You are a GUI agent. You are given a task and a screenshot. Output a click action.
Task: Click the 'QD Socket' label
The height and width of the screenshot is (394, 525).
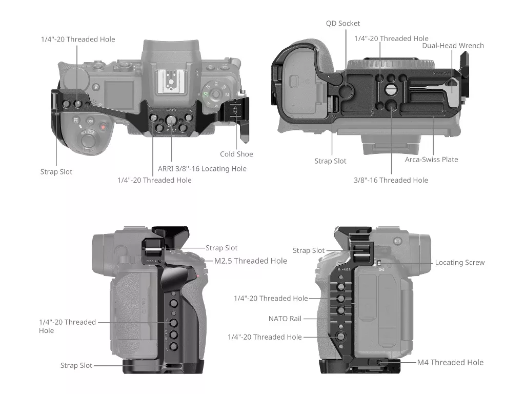tap(343, 23)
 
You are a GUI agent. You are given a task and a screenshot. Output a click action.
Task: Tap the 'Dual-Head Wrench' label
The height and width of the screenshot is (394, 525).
tap(453, 46)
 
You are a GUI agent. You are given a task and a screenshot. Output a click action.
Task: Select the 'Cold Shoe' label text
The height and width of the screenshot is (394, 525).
tap(236, 154)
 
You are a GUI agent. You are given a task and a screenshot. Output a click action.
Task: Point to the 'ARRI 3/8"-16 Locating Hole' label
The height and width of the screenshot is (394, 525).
tap(202, 168)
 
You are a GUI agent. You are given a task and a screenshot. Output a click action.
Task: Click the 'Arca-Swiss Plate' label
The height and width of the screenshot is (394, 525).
tap(431, 159)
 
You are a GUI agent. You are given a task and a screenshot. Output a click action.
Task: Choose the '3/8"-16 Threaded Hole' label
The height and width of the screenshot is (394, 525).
tap(391, 180)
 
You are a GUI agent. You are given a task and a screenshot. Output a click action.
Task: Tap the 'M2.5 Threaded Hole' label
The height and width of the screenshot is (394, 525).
tap(250, 261)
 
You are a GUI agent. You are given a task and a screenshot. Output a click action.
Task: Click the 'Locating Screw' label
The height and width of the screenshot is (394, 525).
tap(459, 262)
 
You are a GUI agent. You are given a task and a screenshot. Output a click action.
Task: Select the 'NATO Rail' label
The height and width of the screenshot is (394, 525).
tap(285, 319)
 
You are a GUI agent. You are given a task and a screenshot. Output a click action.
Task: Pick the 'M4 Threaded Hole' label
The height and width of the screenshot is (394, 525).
tap(450, 362)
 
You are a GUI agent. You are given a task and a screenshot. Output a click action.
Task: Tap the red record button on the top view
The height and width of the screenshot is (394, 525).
tap(103, 126)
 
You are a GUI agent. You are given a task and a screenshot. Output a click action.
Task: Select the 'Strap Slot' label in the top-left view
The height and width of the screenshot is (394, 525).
tap(56, 172)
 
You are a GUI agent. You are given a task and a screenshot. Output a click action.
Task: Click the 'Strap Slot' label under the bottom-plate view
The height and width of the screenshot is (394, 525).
tap(330, 161)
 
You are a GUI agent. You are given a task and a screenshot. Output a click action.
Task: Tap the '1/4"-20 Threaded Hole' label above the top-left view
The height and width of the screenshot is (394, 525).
tap(78, 39)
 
